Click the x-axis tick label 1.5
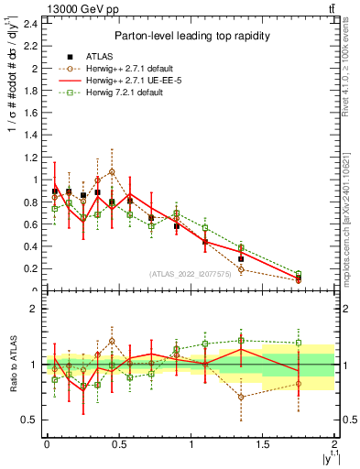(x=263, y=444)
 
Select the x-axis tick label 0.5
(x=118, y=444)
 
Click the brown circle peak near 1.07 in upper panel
(x=112, y=171)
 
